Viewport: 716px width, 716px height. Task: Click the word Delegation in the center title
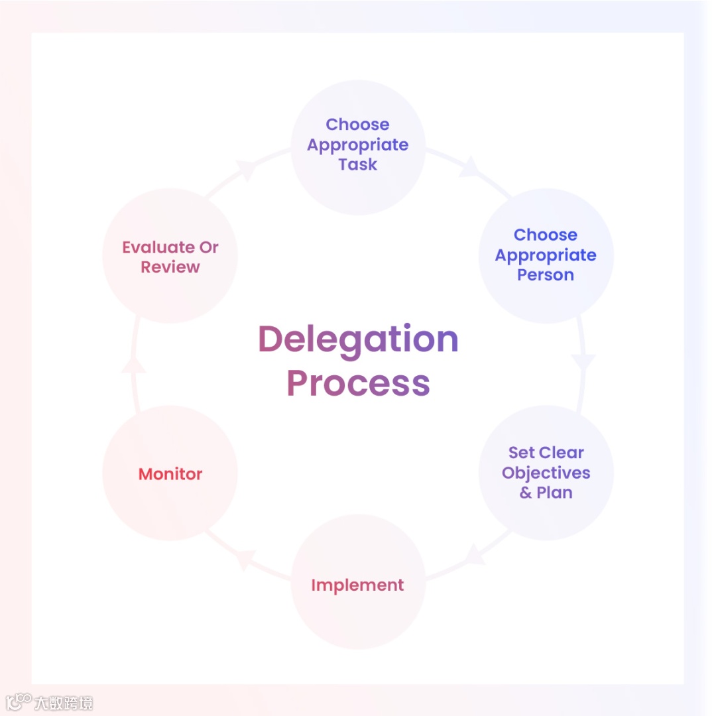(358, 340)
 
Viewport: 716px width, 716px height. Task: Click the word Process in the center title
(358, 383)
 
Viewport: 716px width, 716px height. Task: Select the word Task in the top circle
(358, 165)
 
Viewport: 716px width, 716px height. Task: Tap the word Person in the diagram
(546, 275)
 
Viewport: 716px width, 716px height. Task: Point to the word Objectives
(546, 473)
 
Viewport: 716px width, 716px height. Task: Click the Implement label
(357, 585)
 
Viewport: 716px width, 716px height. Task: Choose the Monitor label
(170, 474)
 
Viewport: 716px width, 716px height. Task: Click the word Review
(170, 267)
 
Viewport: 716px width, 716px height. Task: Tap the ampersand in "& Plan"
(526, 493)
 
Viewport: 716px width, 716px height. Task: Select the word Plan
(555, 493)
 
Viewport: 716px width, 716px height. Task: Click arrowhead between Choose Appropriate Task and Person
(470, 166)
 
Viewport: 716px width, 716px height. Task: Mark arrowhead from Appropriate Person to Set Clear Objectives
(583, 363)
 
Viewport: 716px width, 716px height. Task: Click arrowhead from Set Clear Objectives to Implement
(474, 554)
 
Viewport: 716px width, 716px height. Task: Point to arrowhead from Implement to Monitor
(245, 559)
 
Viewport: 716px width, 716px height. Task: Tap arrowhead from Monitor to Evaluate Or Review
(133, 363)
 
